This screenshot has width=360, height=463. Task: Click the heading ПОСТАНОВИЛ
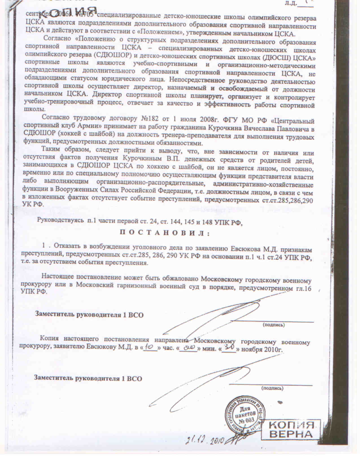click(x=165, y=233)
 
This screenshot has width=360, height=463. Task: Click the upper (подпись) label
click(x=274, y=325)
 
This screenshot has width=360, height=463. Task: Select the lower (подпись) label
click(x=272, y=388)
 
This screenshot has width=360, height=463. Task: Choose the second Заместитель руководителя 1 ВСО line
click(x=88, y=378)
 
